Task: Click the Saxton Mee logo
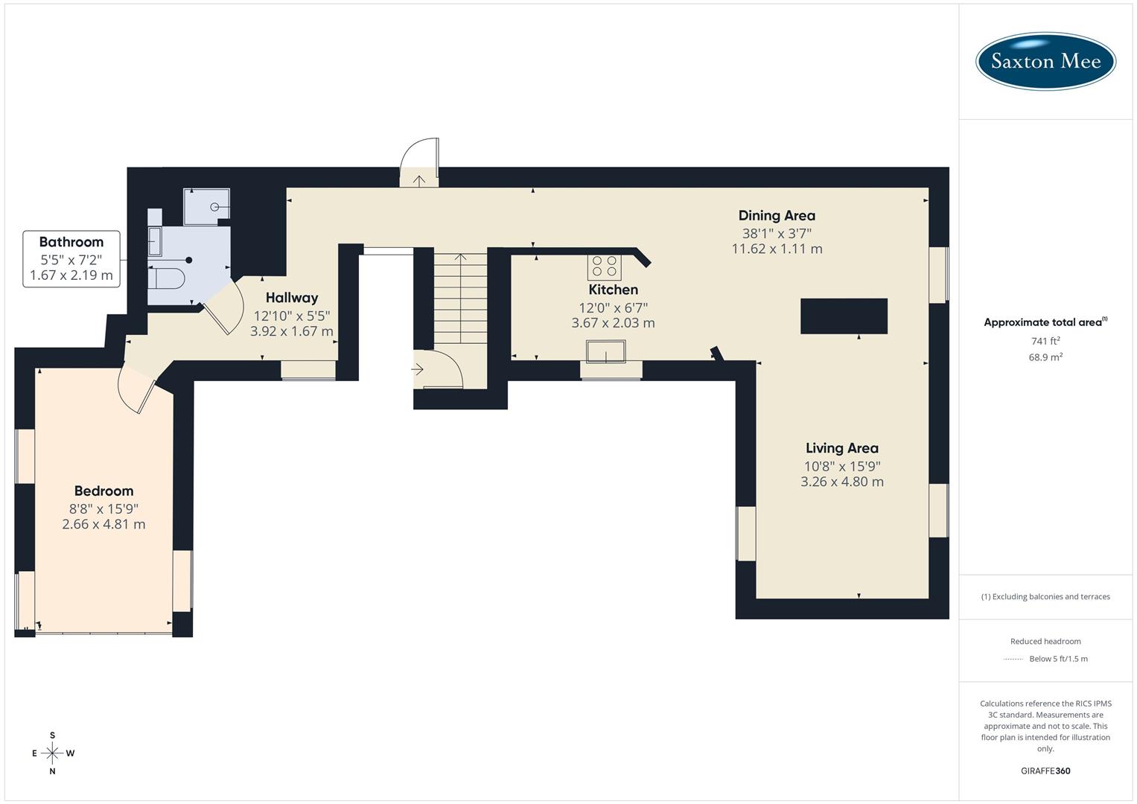tap(1045, 61)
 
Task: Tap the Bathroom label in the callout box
tap(71, 242)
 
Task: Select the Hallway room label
tap(292, 298)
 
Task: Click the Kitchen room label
tap(613, 290)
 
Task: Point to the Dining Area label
tap(777, 216)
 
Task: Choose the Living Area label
tap(841, 448)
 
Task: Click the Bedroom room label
tap(103, 491)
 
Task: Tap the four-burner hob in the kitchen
tap(604, 266)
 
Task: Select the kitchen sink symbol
tap(605, 351)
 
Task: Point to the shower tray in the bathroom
tap(206, 206)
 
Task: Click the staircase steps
tap(461, 298)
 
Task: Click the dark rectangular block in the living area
tap(844, 316)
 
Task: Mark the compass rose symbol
tap(52, 753)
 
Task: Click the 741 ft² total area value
tap(1045, 341)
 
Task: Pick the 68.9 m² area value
tap(1045, 357)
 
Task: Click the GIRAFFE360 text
tap(1045, 770)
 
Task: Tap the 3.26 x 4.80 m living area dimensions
tap(841, 482)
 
